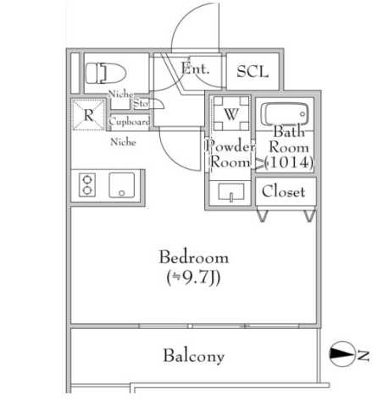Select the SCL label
pyautogui.click(x=252, y=72)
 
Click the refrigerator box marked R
pyautogui.click(x=88, y=116)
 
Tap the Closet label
pyautogui.click(x=283, y=192)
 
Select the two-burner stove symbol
pyautogui.click(x=88, y=184)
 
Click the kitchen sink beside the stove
pyautogui.click(x=123, y=184)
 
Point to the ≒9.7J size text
pyautogui.click(x=193, y=277)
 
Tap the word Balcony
pyautogui.click(x=194, y=356)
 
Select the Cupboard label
pyautogui.click(x=131, y=122)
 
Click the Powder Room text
pyautogui.click(x=231, y=153)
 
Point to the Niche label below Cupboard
pyautogui.click(x=124, y=142)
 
